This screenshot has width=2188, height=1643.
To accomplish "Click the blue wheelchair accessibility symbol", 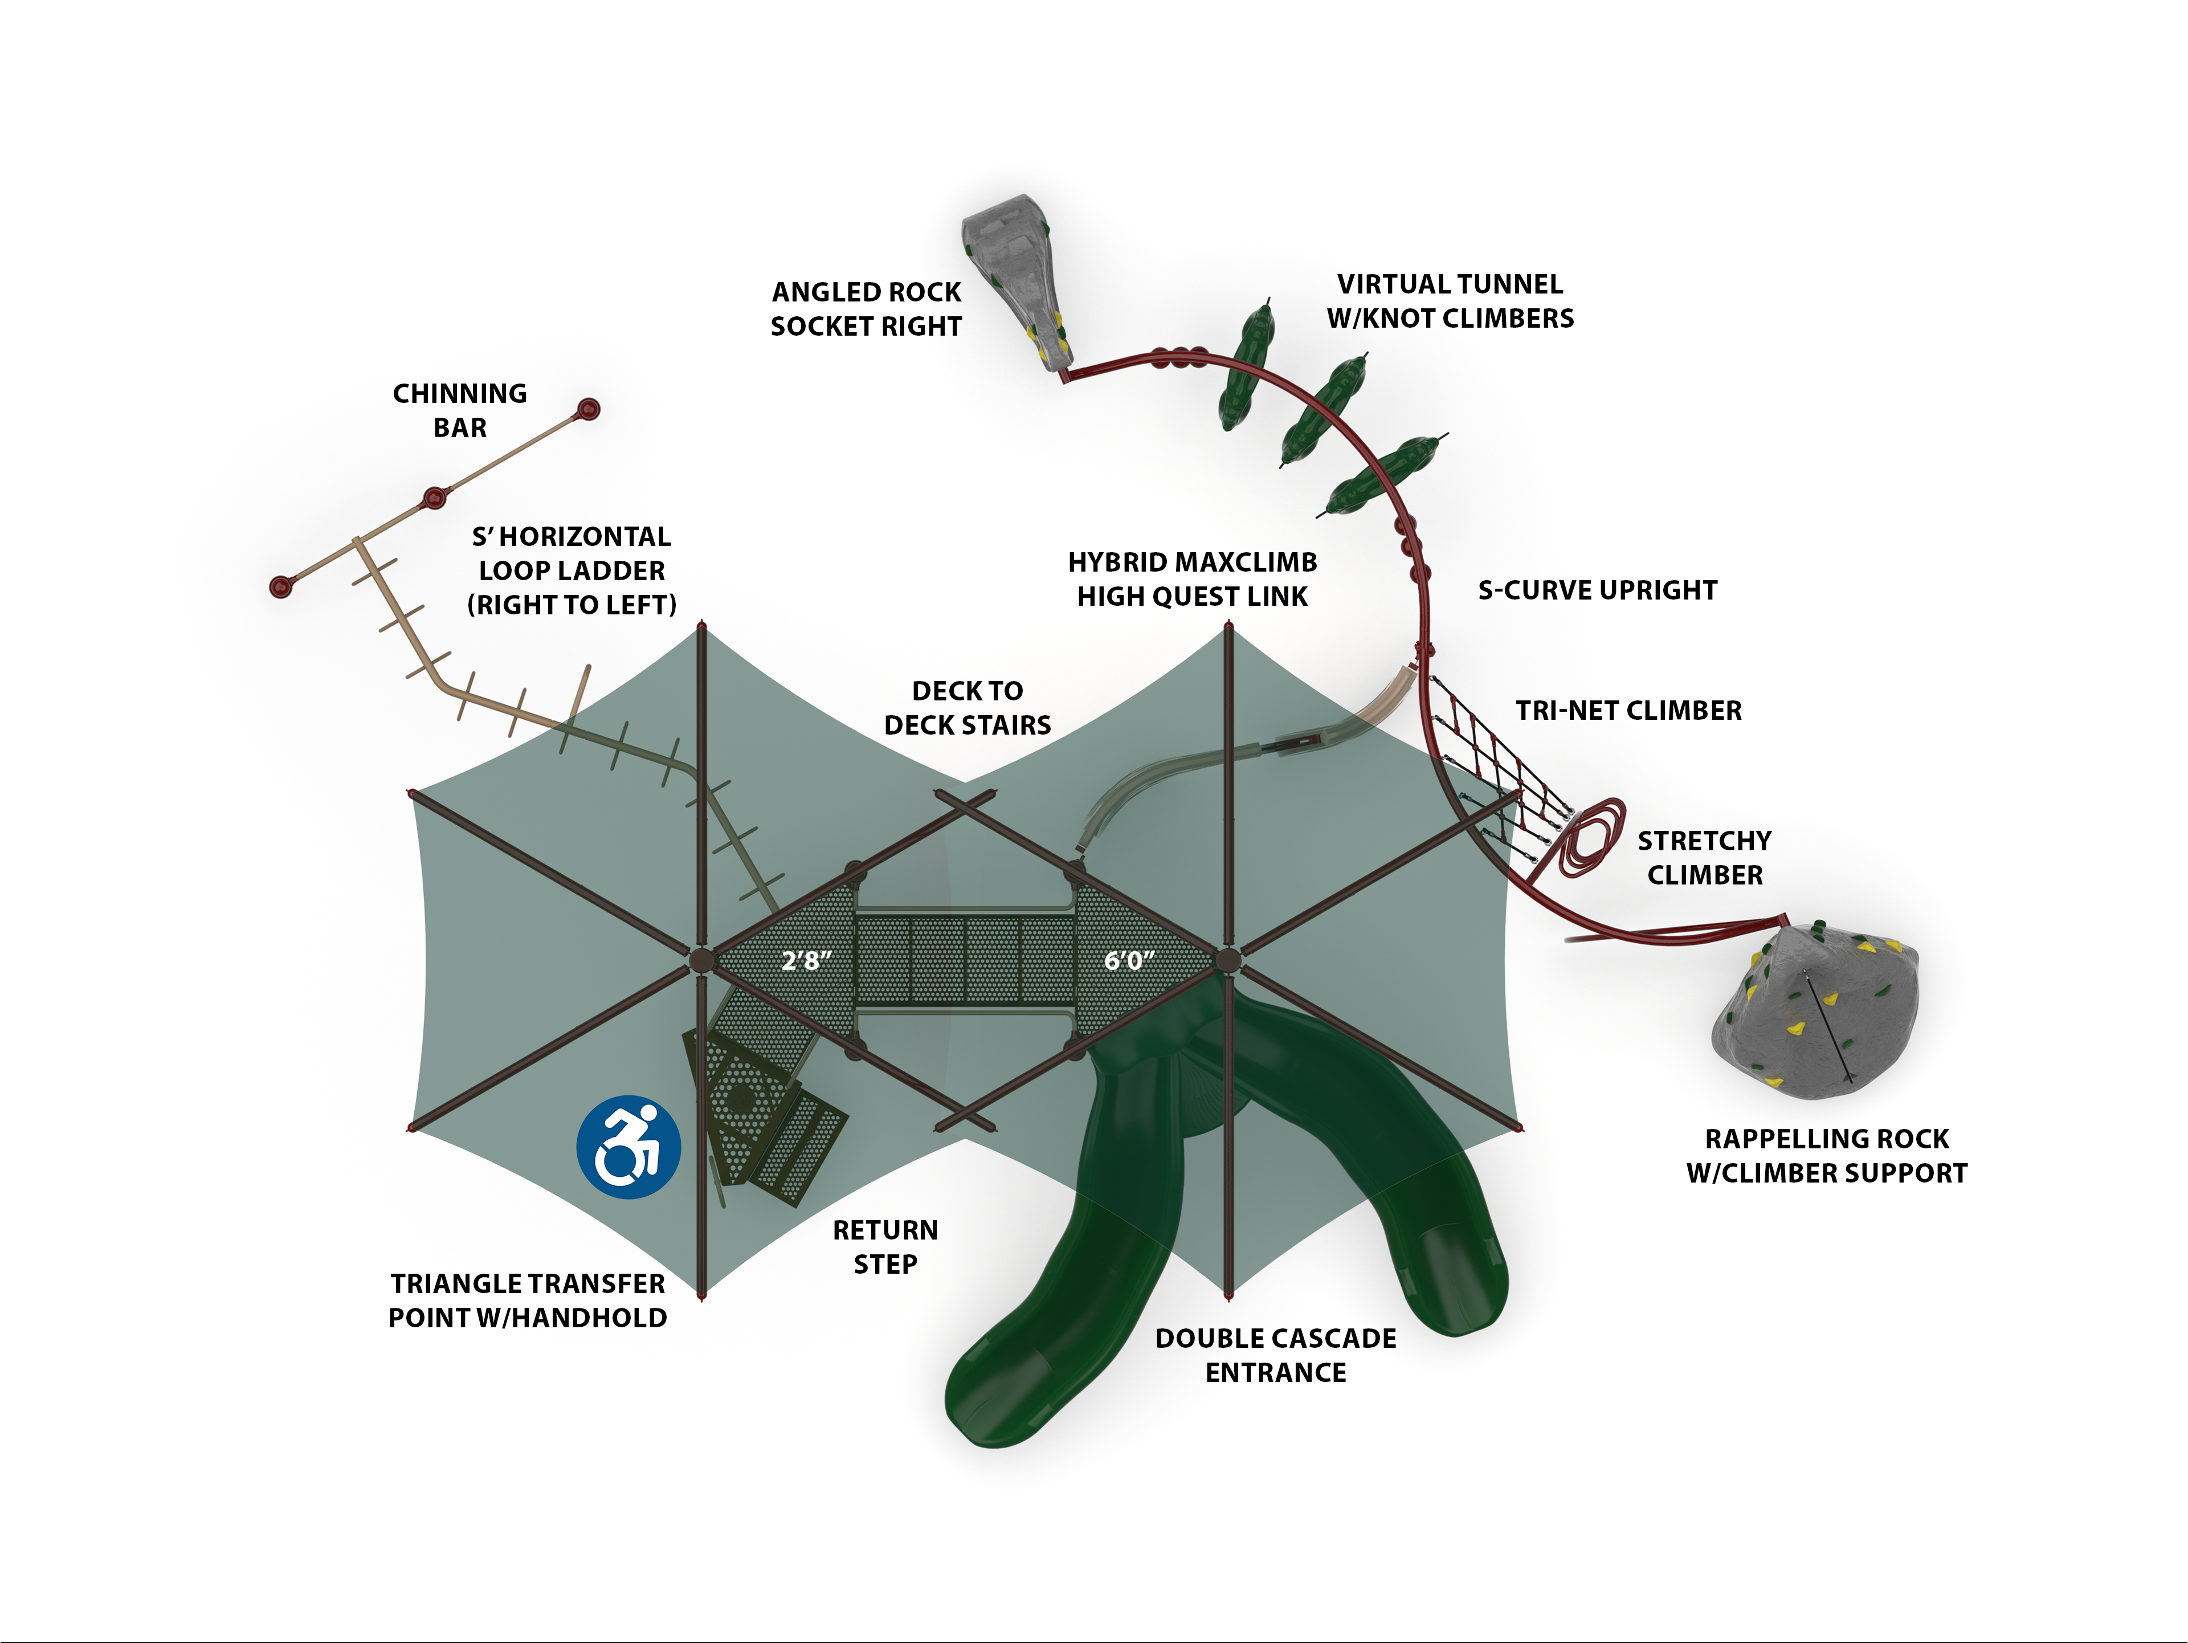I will [x=628, y=1147].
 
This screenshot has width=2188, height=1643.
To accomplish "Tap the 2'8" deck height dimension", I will [x=806, y=960].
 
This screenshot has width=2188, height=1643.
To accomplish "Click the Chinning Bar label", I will [x=460, y=410].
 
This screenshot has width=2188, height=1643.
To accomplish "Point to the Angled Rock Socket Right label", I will [x=867, y=309].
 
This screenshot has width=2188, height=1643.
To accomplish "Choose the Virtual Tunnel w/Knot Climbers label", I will [x=1450, y=301].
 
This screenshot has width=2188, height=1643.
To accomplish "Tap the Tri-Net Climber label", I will [x=1628, y=710].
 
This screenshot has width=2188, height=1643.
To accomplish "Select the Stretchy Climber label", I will [x=1704, y=858].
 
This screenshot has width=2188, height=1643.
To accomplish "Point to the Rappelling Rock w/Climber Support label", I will [x=1827, y=1155].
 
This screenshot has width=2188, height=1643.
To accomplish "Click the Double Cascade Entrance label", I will [x=1276, y=1355].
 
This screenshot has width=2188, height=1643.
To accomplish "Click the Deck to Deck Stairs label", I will [x=968, y=707].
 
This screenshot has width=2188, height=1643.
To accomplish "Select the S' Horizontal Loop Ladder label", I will [x=572, y=570].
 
